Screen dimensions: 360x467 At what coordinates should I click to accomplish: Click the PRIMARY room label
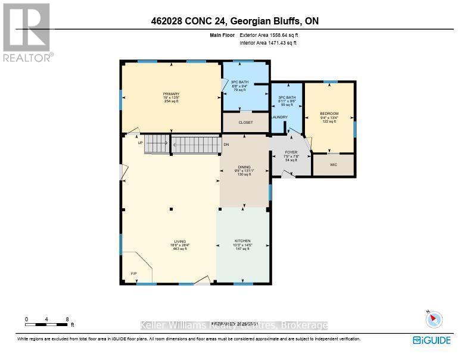tap(172, 94)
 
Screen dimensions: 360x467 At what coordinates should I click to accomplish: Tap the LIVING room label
tap(172, 241)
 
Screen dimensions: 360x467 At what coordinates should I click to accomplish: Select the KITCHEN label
tap(242, 241)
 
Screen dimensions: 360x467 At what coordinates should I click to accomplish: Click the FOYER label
tap(291, 152)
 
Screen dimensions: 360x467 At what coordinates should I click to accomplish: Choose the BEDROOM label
tap(329, 113)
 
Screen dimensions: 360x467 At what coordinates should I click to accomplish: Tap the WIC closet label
tap(333, 164)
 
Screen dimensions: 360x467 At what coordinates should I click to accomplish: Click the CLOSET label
tap(245, 123)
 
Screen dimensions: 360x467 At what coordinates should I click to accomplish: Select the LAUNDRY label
tap(279, 117)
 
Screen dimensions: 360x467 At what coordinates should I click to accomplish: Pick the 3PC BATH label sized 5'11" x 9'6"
tap(287, 97)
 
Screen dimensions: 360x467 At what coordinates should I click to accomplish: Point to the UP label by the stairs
tap(140, 143)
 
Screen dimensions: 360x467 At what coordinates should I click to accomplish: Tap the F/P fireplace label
tap(133, 274)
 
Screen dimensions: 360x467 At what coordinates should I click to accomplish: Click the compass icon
tap(434, 320)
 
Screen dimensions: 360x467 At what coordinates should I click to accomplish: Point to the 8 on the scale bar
tap(67, 319)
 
